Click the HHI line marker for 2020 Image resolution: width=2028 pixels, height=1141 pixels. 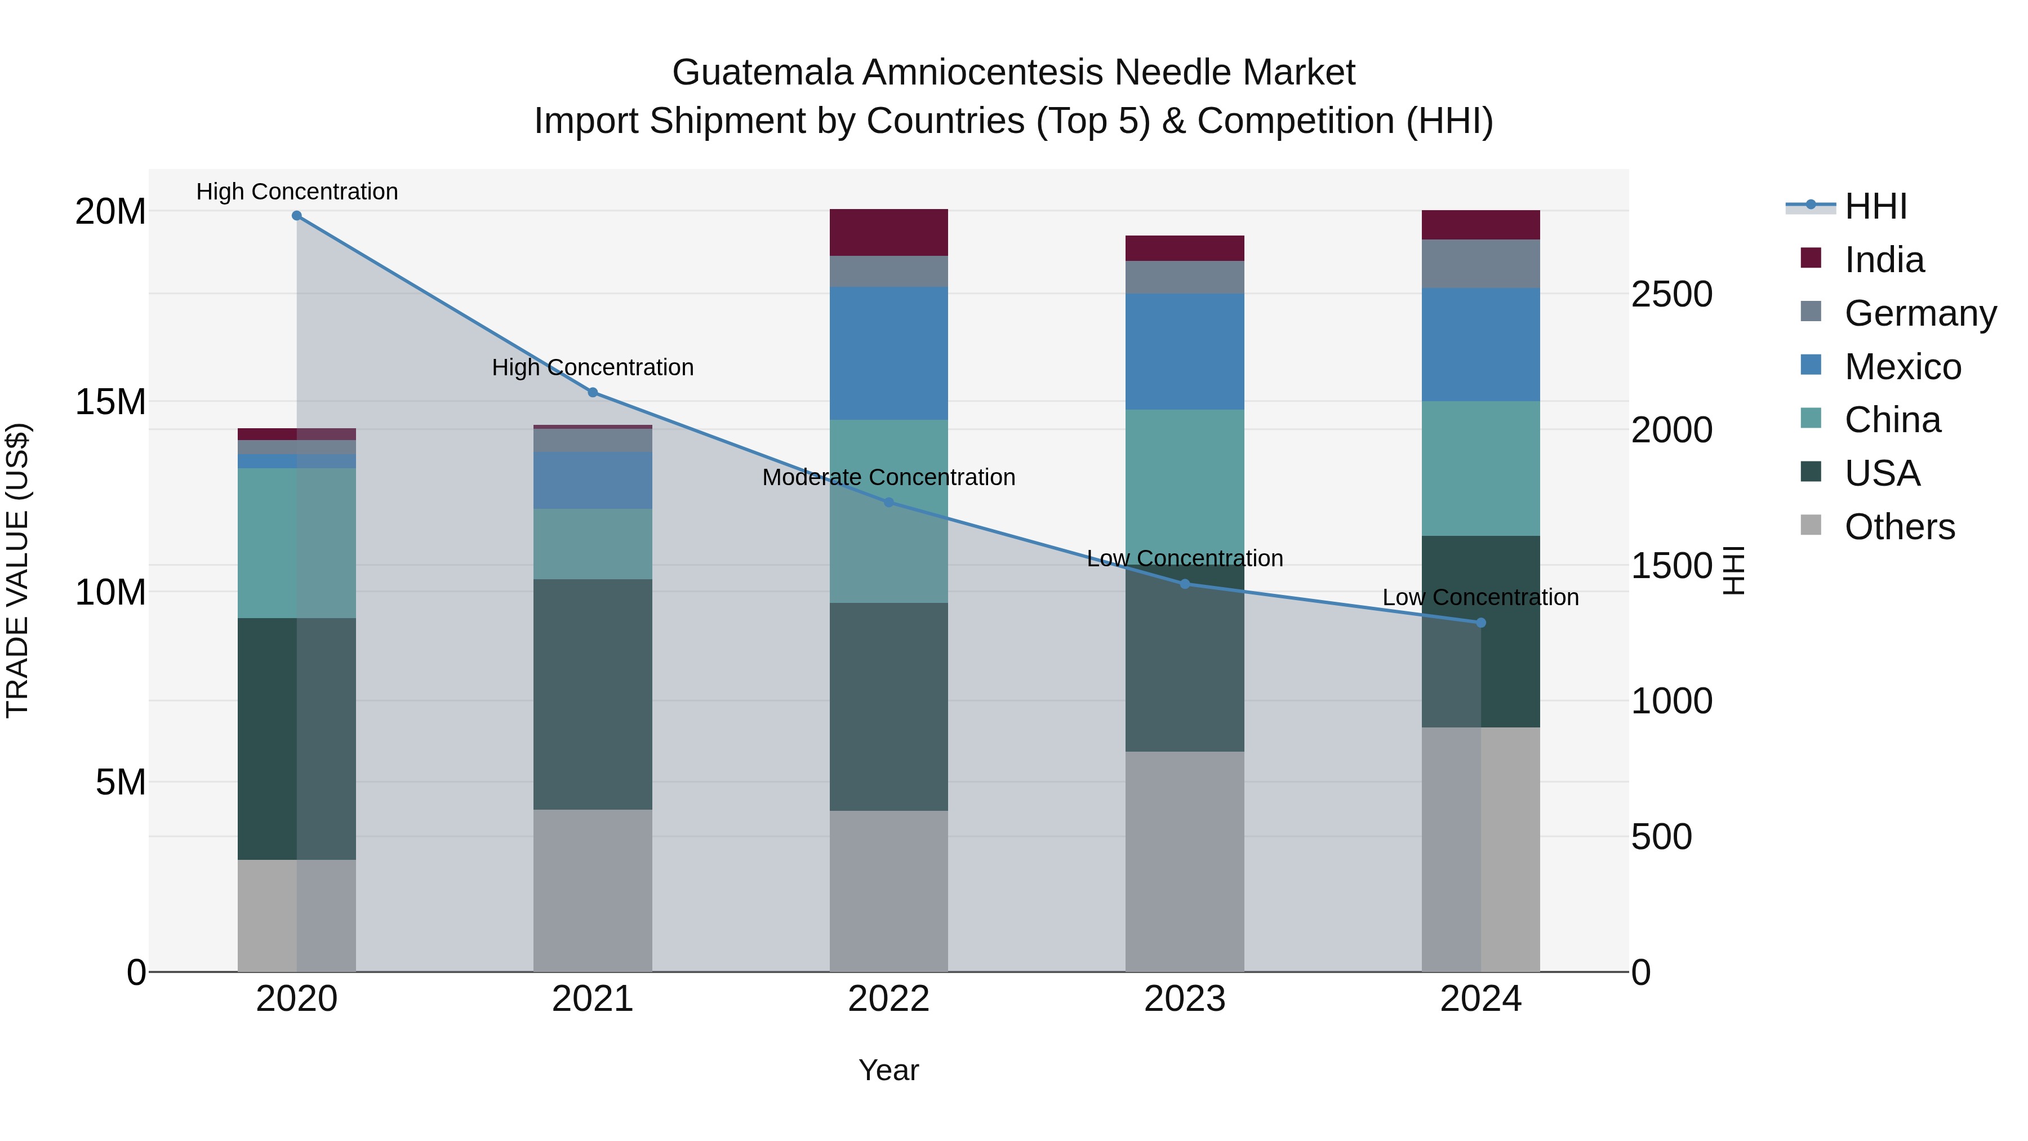pos(297,216)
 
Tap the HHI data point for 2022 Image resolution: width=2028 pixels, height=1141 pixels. pos(889,503)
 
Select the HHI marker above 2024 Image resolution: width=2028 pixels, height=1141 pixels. pos(1481,623)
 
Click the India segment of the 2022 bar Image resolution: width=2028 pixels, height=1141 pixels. pos(889,232)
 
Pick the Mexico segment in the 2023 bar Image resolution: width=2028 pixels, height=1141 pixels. pos(1185,352)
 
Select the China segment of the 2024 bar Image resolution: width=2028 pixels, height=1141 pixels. pos(1481,469)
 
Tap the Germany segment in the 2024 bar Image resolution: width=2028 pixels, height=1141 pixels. pos(1481,264)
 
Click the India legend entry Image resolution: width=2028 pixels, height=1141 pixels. pos(1884,260)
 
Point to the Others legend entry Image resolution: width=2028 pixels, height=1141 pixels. pos(1899,527)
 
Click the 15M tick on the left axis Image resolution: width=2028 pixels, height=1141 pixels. pos(110,402)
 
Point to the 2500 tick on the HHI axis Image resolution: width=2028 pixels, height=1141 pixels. pos(1671,295)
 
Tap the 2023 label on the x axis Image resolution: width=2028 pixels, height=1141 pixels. pos(1185,999)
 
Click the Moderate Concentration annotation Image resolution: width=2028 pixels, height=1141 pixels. pos(889,477)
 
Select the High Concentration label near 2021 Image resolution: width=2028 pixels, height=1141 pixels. pos(593,368)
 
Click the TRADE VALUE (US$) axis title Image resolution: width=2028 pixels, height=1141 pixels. pos(18,570)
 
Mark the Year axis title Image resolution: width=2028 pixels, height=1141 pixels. pos(889,1070)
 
